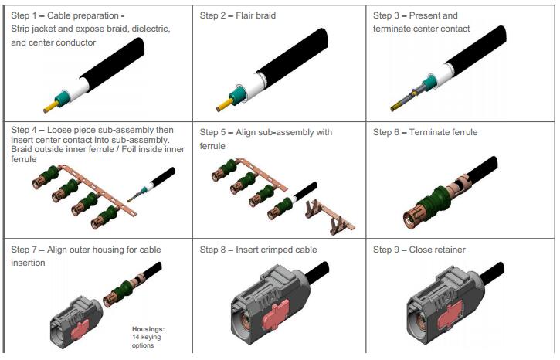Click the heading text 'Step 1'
click(24, 15)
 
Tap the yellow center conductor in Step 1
click(51, 107)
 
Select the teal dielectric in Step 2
click(236, 95)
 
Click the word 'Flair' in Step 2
click(245, 15)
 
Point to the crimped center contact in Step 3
click(408, 98)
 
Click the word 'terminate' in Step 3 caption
click(391, 29)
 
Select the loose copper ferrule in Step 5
click(329, 216)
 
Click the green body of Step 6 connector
click(434, 201)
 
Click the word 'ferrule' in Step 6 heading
click(464, 133)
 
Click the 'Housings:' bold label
click(148, 329)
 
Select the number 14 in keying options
click(136, 337)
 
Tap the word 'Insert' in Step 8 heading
click(246, 250)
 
